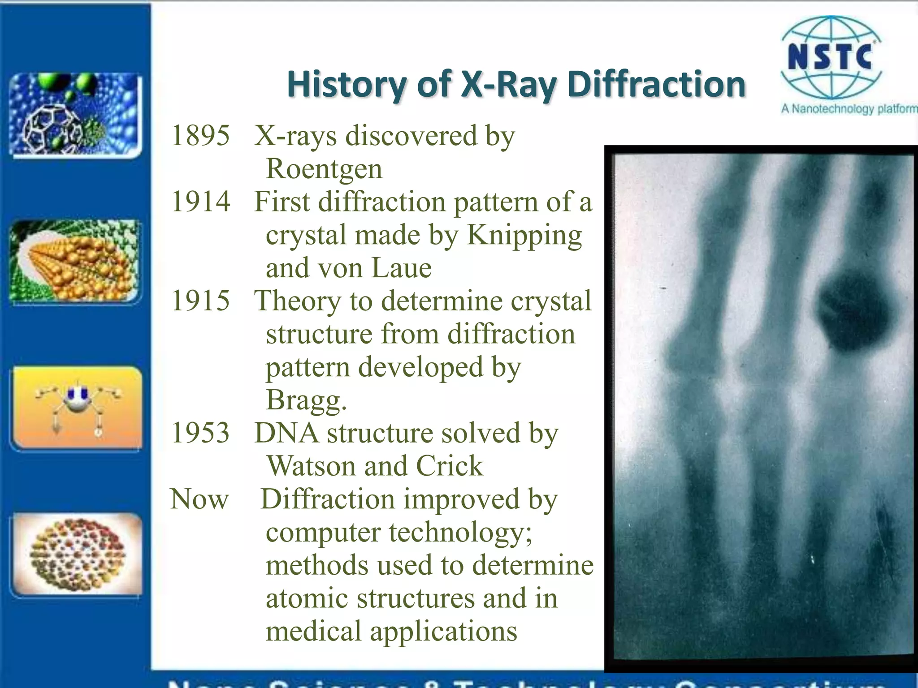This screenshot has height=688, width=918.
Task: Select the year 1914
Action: (x=200, y=202)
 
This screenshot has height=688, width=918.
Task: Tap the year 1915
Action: (x=200, y=301)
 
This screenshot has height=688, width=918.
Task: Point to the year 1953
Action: (x=200, y=433)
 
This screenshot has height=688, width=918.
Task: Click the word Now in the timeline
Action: (x=199, y=499)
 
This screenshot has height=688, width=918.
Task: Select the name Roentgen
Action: (x=324, y=169)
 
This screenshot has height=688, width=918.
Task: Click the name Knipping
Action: (x=524, y=235)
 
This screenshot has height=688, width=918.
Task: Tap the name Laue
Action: (x=401, y=268)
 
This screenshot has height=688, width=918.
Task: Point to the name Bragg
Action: (x=306, y=400)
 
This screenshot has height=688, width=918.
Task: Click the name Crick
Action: (x=450, y=466)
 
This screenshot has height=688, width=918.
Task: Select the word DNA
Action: (x=286, y=433)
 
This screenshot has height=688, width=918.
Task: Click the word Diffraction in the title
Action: (x=656, y=84)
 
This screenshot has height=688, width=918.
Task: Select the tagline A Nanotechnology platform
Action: (x=849, y=109)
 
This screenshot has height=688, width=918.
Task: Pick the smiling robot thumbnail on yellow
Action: (x=77, y=408)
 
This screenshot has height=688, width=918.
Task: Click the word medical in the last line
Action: (x=313, y=631)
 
